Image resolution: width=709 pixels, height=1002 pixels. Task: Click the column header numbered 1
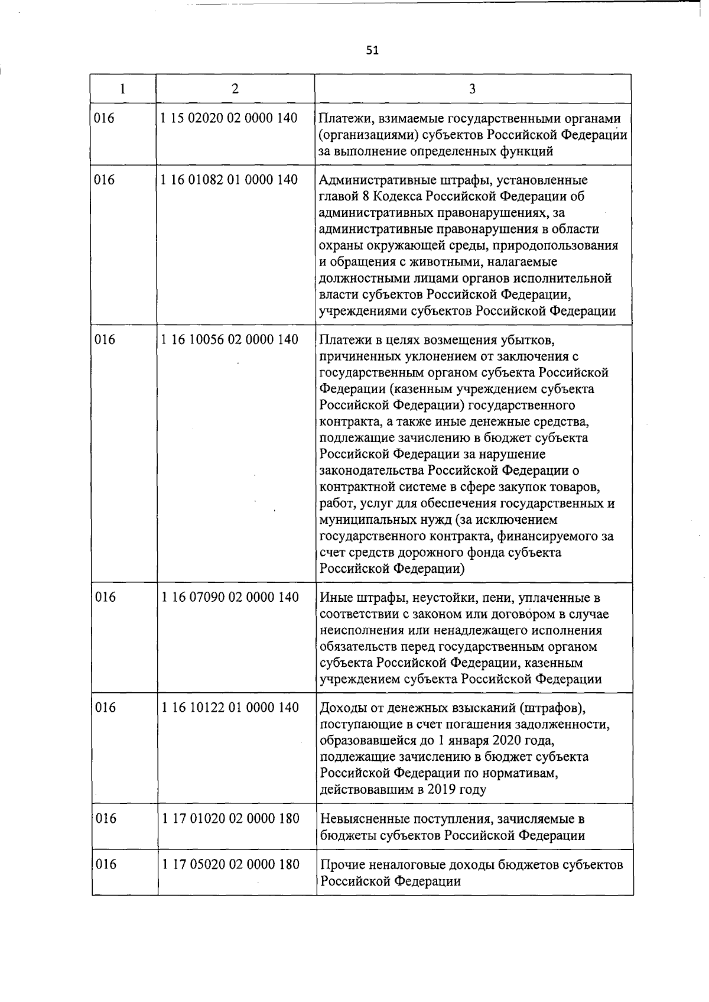122,89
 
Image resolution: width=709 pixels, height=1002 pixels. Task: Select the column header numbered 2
235,89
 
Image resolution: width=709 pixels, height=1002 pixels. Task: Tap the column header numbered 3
473,89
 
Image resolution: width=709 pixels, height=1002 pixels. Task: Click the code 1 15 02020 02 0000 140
229,118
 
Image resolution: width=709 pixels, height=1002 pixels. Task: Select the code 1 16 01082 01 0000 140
229,180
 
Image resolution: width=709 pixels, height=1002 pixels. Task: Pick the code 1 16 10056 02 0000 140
229,339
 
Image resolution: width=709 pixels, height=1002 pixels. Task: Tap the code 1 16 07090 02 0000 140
230,597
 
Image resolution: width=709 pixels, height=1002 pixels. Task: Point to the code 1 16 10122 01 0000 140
230,708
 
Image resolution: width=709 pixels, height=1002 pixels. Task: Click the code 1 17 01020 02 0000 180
230,818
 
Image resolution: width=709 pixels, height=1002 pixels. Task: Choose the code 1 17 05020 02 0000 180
230,864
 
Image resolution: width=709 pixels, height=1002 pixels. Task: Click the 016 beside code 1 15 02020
105,118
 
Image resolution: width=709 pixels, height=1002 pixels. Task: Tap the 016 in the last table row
106,864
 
